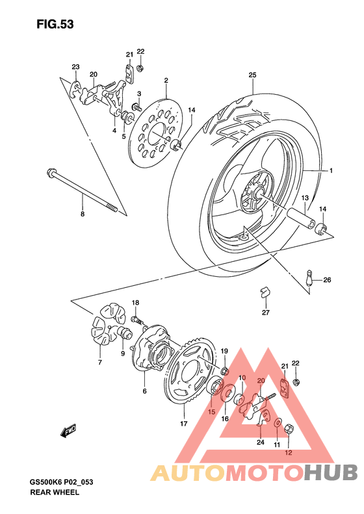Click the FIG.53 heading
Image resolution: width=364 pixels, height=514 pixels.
(55, 25)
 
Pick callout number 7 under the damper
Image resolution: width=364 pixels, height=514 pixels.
(100, 362)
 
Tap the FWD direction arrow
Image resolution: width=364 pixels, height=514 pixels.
(68, 430)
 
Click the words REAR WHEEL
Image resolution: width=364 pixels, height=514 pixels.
(55, 493)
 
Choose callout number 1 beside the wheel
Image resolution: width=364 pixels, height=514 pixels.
(331, 171)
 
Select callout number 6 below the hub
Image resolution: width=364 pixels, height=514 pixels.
(144, 391)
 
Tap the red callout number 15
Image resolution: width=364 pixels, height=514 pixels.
(211, 411)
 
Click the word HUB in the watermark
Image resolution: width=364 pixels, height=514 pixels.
(326, 472)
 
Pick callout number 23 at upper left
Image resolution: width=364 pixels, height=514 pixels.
(75, 67)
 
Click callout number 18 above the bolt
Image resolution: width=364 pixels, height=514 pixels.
(136, 303)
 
